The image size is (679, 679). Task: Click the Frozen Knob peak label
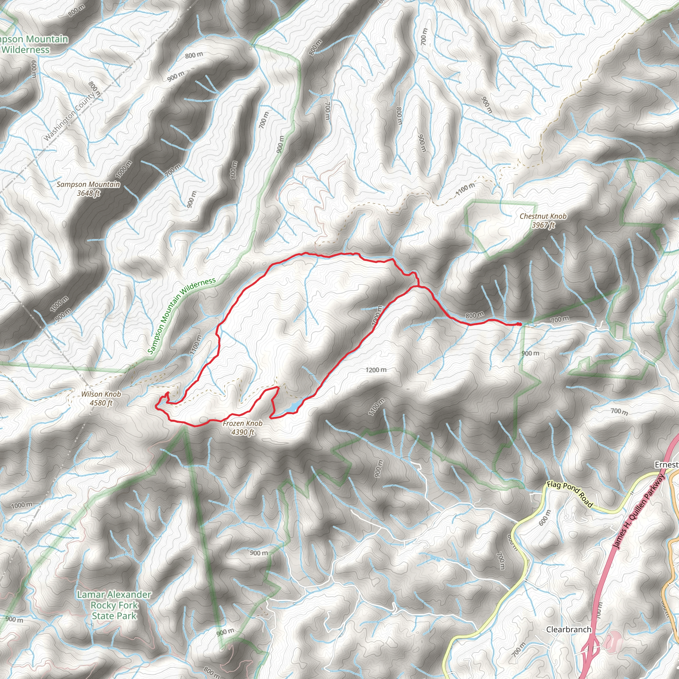[242, 423]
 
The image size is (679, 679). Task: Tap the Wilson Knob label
[101, 394]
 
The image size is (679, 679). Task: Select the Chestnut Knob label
[543, 216]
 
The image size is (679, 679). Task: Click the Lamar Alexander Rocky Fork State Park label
[114, 605]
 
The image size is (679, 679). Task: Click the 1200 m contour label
[376, 370]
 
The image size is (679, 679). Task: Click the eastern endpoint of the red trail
[520, 324]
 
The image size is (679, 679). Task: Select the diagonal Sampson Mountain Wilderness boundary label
[181, 316]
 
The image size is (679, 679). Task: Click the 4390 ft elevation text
[242, 432]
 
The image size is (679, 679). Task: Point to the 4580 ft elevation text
[101, 403]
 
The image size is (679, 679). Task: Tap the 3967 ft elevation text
[543, 225]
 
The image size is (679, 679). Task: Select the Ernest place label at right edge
[666, 465]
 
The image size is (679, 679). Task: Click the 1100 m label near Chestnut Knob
[465, 189]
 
